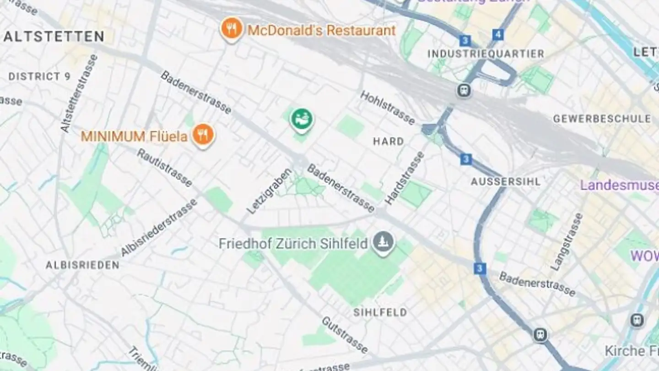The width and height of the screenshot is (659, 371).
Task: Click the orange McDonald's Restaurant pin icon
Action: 232,28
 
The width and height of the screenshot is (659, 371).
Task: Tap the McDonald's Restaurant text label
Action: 321,31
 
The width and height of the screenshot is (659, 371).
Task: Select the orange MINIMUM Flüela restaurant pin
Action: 203,135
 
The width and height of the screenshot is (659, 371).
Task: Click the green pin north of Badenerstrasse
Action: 302,119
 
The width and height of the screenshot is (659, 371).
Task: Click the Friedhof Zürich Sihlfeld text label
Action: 293,243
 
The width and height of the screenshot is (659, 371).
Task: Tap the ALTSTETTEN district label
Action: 54,37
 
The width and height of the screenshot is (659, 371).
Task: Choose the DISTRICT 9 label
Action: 39,76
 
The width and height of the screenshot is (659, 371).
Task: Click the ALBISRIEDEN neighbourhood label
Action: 82,265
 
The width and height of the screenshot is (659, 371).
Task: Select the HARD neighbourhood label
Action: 388,141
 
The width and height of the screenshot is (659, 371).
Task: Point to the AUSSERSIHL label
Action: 506,181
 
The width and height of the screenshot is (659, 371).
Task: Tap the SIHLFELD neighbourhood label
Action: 380,312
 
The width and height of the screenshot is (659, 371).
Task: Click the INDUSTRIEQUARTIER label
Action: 486,54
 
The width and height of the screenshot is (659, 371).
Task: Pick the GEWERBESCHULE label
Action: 602,119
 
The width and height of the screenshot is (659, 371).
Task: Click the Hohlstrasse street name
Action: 387,107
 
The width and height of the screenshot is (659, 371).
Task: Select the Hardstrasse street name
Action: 404,178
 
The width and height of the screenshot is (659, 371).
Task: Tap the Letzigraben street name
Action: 269,191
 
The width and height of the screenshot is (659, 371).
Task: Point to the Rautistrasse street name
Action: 164,168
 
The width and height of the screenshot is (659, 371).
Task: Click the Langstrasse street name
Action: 567,241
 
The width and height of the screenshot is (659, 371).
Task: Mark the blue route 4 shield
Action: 498,34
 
